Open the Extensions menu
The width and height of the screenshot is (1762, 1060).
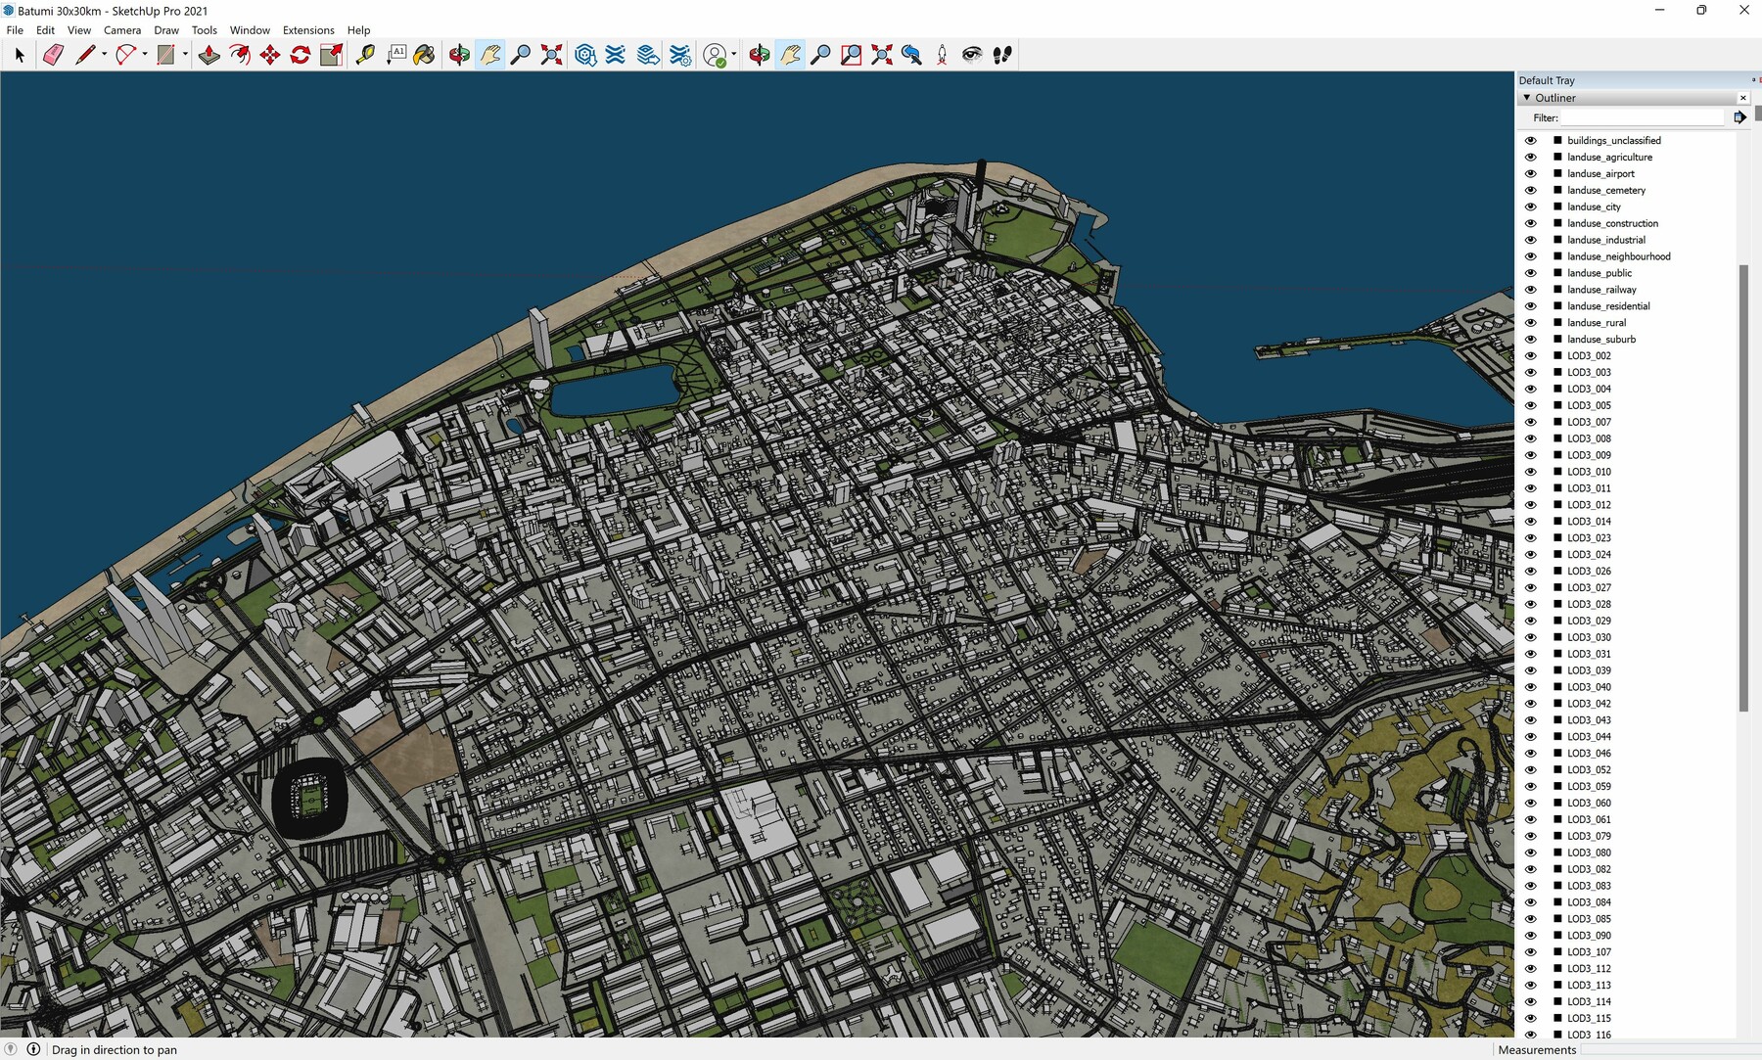click(308, 30)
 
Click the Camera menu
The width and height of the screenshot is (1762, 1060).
click(122, 30)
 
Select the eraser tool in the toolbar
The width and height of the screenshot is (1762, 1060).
click(53, 55)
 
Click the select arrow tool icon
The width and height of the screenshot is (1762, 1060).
click(20, 55)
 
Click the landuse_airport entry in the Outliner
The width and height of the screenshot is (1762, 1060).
click(1600, 173)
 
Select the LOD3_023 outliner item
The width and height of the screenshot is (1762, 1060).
click(1589, 537)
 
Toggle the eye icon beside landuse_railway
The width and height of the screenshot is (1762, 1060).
click(1531, 290)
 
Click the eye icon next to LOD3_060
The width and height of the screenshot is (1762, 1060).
click(1531, 803)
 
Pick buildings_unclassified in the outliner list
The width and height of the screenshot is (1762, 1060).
click(1613, 140)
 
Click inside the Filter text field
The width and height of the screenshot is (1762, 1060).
click(1641, 117)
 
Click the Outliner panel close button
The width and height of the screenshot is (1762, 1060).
click(1742, 98)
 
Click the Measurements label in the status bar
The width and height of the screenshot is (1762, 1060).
click(1537, 1049)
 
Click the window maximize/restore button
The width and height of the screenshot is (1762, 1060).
click(1701, 11)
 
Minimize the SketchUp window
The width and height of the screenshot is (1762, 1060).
click(1659, 11)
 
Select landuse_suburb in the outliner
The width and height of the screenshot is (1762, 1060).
click(1600, 339)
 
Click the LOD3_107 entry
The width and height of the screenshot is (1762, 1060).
click(1589, 951)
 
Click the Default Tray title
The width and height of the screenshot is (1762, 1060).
click(1547, 80)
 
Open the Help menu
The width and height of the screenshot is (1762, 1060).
click(358, 30)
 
